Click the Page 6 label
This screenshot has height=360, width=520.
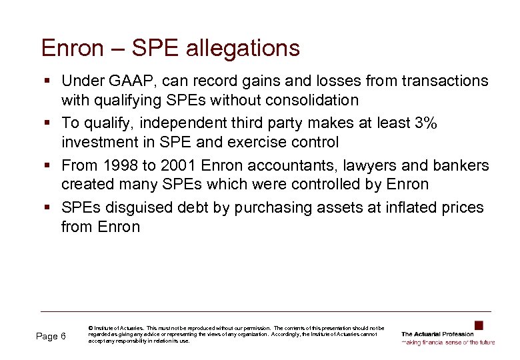[x=51, y=336]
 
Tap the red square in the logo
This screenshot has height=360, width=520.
[x=478, y=325]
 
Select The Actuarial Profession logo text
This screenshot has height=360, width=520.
[x=437, y=334]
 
